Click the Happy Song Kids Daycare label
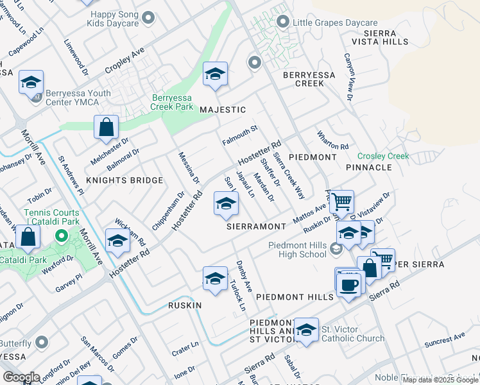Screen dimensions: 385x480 click(x=115, y=18)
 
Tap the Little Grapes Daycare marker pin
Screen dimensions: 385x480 click(x=282, y=22)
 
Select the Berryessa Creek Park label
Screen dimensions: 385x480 click(x=172, y=102)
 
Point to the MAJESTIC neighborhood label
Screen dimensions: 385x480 click(x=223, y=110)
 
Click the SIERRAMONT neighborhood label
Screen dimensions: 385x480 click(x=255, y=227)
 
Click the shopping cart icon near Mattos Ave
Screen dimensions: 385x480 click(x=342, y=202)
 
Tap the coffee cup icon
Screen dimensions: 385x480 click(x=349, y=285)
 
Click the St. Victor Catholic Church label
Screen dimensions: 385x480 click(x=353, y=334)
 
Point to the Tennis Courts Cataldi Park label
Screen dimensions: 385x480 click(x=52, y=217)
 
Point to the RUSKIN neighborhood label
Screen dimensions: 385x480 click(x=185, y=305)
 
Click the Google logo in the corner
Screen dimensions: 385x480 click(x=21, y=377)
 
